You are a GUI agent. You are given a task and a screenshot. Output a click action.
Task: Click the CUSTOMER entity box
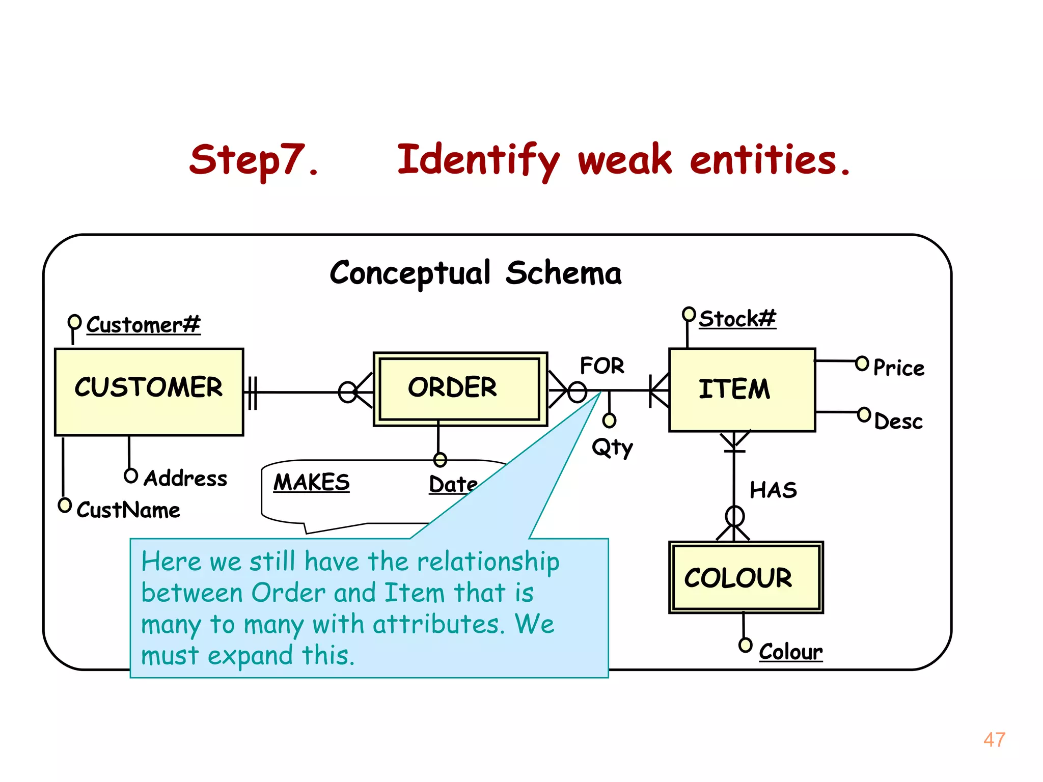149,392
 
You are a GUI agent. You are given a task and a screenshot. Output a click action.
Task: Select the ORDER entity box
460,389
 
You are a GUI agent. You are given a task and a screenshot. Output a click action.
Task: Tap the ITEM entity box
742,389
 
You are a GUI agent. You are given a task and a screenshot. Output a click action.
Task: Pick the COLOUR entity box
745,577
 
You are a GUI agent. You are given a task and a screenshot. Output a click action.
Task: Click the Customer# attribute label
143,325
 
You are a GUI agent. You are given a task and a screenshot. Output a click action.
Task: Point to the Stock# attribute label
737,319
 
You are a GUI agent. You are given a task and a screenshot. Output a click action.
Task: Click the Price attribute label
898,368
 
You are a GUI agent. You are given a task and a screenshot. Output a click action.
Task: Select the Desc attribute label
898,422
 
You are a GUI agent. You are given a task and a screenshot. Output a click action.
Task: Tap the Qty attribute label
612,448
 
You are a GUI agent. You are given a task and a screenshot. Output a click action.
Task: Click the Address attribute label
185,478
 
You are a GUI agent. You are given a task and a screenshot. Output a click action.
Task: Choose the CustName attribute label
128,510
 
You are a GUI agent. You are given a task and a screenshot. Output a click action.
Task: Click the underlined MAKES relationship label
312,482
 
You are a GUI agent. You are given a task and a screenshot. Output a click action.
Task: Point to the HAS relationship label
773,490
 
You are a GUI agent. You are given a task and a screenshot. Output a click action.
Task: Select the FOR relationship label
602,366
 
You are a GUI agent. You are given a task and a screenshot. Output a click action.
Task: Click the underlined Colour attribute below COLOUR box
790,652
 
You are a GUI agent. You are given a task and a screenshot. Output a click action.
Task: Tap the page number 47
994,740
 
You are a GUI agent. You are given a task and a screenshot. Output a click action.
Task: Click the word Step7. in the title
254,160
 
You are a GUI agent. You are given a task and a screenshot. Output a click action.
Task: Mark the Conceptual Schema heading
476,273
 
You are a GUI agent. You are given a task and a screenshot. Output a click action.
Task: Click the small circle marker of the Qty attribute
609,421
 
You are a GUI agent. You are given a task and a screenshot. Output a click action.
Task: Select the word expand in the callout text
250,655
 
